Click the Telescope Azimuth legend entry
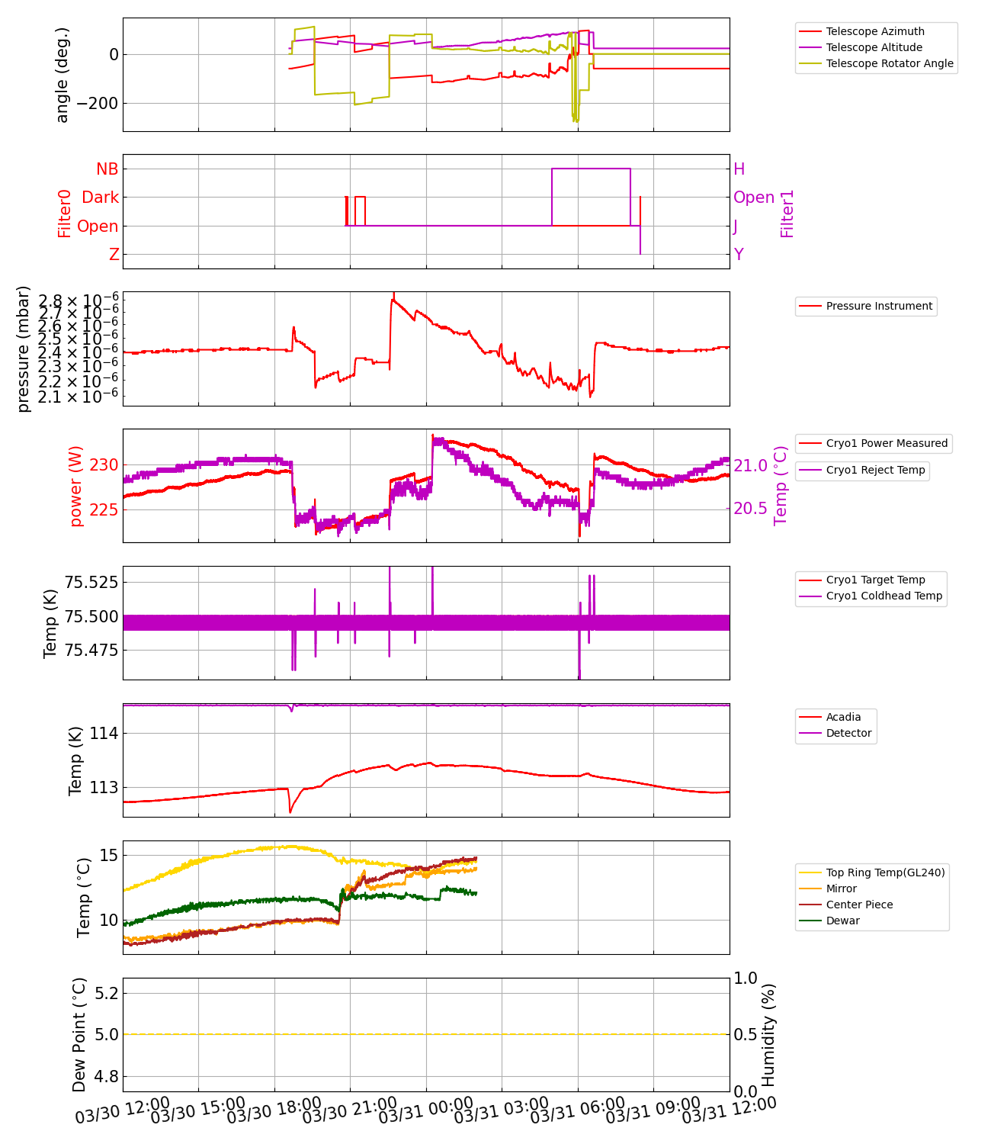tap(874, 31)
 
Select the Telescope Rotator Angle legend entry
tap(889, 63)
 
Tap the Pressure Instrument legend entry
tap(878, 306)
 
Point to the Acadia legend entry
tap(843, 717)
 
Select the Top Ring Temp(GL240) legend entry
tap(885, 872)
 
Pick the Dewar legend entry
tap(842, 921)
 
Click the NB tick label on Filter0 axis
tap(107, 169)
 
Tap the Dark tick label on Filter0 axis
tap(100, 198)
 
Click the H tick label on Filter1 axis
tap(739, 169)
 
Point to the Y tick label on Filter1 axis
tap(739, 255)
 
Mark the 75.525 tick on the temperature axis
tap(91, 583)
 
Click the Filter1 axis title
tap(787, 214)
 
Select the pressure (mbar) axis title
tap(24, 349)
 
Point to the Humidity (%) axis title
tap(768, 1035)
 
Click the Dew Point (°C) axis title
tap(79, 1035)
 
